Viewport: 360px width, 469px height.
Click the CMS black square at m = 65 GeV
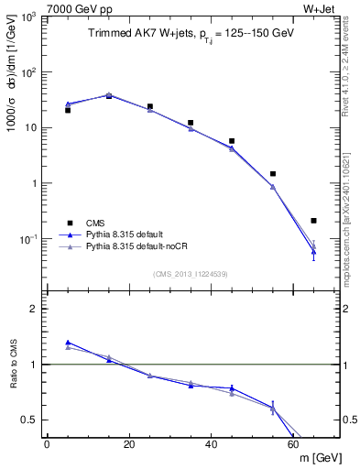pos(313,221)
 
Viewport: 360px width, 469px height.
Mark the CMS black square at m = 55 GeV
pos(273,174)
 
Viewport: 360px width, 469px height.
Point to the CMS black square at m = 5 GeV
pos(68,110)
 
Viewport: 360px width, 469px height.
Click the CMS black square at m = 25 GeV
pos(149,106)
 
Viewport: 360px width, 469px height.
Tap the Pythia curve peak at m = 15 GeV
pos(109,94)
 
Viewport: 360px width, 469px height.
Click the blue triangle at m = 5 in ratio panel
pos(68,343)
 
